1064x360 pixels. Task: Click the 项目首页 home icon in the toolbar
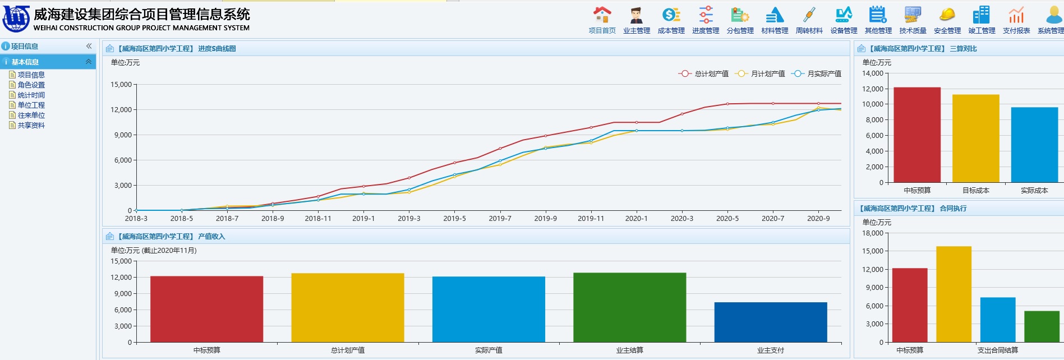(602, 15)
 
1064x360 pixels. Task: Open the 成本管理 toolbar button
(671, 15)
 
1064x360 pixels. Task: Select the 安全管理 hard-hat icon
(947, 15)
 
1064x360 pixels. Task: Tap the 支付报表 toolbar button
(1016, 15)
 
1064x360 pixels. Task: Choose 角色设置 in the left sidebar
(31, 85)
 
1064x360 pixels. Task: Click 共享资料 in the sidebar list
(31, 126)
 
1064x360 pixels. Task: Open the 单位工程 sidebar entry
(31, 105)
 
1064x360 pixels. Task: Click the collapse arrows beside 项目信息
(89, 46)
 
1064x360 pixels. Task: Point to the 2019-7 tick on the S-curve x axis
(500, 219)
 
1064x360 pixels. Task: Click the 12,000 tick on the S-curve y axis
(121, 110)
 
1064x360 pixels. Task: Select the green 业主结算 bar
(629, 307)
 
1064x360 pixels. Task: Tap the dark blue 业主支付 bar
(770, 322)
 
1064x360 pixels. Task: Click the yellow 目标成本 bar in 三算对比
(975, 138)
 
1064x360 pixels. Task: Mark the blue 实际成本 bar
(1034, 145)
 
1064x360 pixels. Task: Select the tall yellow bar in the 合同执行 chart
(954, 294)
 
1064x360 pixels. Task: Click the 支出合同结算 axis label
(997, 350)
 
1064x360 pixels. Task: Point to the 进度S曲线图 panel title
(217, 49)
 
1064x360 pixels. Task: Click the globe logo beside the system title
(16, 19)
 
